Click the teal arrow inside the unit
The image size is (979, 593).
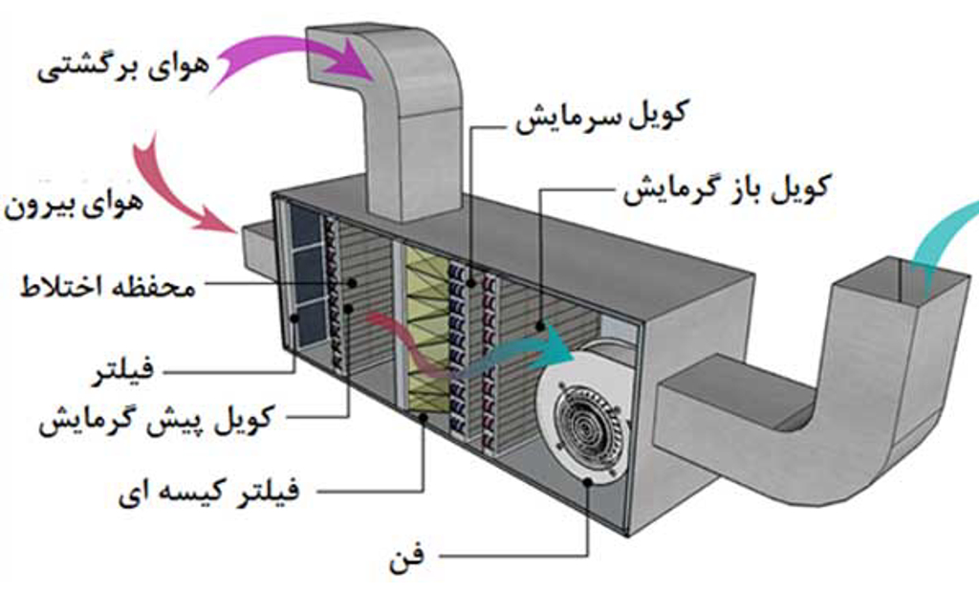531,349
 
